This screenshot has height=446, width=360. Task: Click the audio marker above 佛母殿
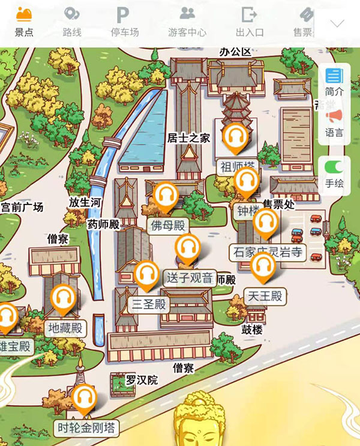point(166,197)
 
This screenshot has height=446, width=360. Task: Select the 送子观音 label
point(190,278)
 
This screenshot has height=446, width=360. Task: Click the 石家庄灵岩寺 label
point(268,252)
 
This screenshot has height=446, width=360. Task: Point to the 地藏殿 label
point(65,328)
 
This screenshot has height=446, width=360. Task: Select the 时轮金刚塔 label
point(85,428)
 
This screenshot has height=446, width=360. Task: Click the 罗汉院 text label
point(142,380)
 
